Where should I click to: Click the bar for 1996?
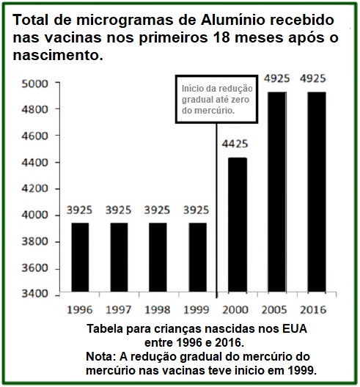point(80,257)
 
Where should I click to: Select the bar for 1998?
point(158,257)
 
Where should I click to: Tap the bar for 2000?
point(238,224)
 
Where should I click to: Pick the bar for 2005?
point(277,192)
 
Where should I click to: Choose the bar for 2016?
point(317,192)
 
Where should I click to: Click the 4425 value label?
point(235,144)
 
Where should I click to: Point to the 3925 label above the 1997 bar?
point(119,210)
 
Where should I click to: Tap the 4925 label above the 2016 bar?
point(313,78)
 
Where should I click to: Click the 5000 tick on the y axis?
point(34,84)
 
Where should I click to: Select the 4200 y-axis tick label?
point(34,189)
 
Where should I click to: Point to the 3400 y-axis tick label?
point(34,294)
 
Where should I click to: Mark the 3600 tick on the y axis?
point(34,268)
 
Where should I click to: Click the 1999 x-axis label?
point(196,310)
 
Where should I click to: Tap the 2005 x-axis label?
point(274,310)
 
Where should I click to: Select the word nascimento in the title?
point(58,55)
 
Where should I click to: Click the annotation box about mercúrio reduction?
point(216,99)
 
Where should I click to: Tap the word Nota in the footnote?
point(100,357)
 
